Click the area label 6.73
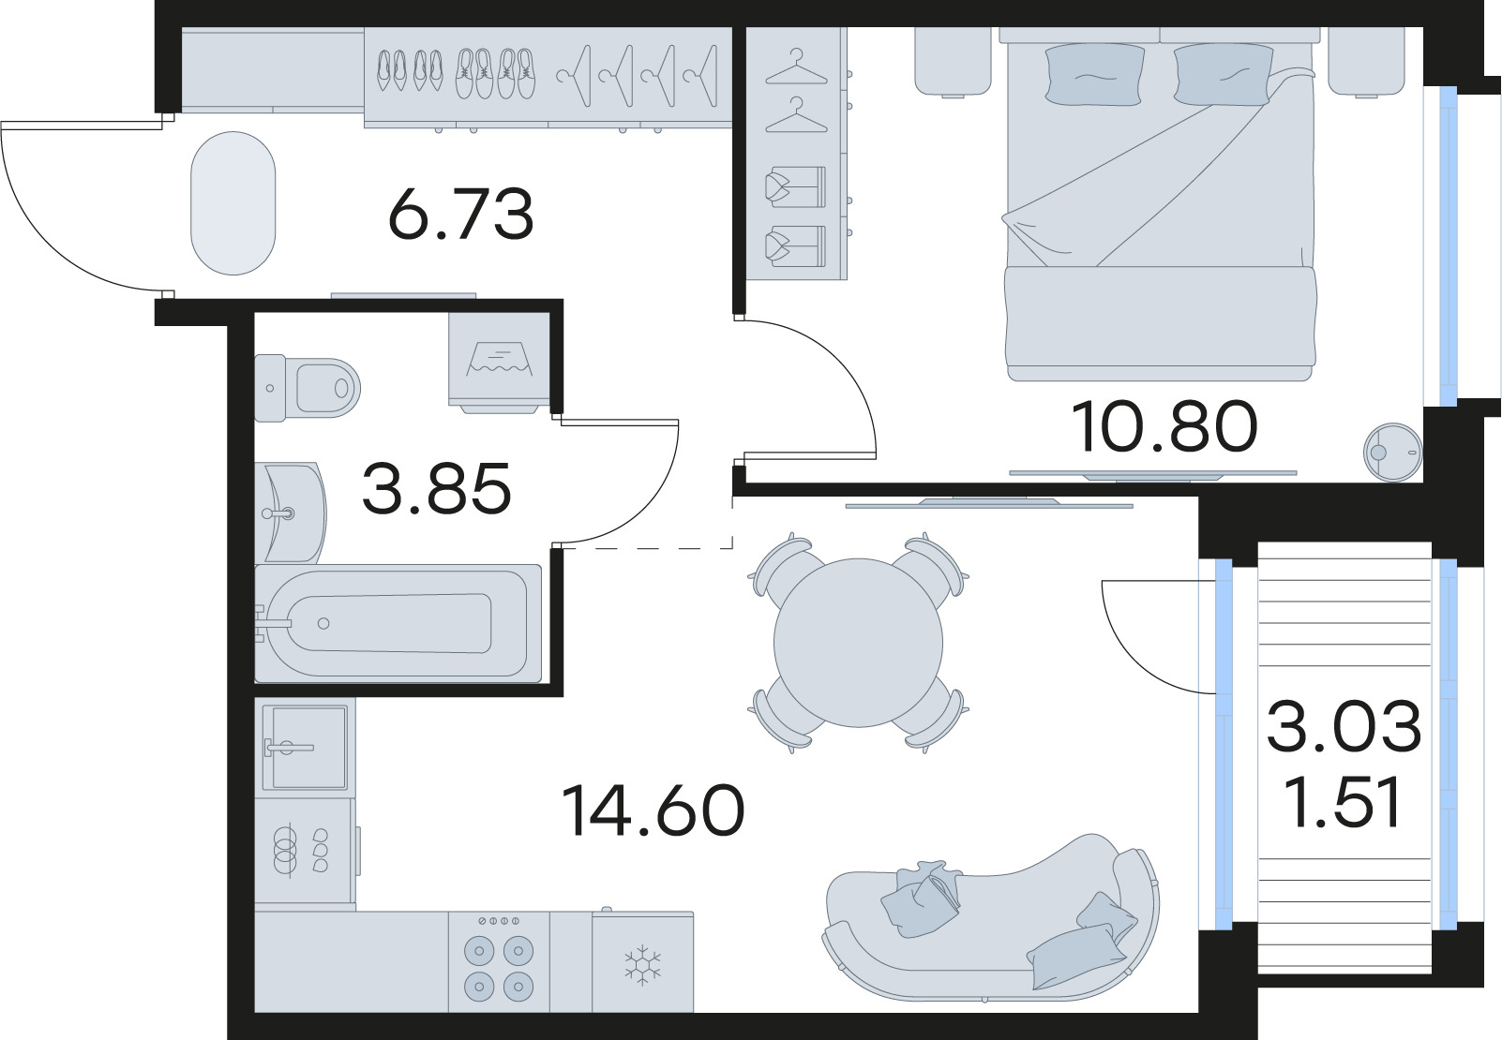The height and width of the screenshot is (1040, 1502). tap(460, 214)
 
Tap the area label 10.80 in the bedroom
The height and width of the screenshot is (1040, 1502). tap(1163, 426)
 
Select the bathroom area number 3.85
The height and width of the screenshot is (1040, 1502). tap(436, 488)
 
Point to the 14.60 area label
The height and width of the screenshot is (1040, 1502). tap(653, 810)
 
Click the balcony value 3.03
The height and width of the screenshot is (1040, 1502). tap(1344, 727)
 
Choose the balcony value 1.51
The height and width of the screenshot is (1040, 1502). tap(1344, 804)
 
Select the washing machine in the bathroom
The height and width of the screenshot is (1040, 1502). tap(498, 361)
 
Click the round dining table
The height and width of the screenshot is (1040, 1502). tap(858, 643)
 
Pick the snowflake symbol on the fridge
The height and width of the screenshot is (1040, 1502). tap(643, 965)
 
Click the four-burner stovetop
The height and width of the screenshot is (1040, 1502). tap(498, 965)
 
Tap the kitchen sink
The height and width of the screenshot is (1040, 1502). tap(305, 747)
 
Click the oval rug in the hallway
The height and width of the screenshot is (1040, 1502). tap(233, 203)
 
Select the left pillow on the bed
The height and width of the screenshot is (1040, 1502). tap(1094, 73)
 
